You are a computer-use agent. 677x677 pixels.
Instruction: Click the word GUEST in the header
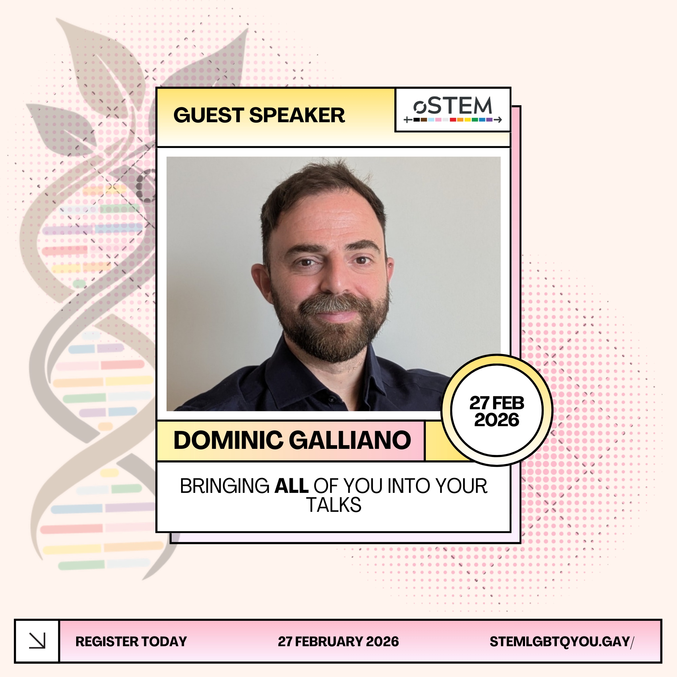[209, 115]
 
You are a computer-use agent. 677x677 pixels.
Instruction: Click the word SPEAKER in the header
[297, 115]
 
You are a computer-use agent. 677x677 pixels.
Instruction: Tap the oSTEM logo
[453, 109]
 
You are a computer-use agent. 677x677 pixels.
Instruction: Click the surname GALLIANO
[350, 440]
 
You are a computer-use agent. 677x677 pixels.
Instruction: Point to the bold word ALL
[291, 486]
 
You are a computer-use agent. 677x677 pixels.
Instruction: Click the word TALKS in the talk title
[334, 505]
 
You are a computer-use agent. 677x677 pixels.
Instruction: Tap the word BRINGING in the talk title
[225, 486]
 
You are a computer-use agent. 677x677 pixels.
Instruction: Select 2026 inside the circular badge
[497, 420]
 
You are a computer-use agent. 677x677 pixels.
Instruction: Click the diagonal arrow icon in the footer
[37, 641]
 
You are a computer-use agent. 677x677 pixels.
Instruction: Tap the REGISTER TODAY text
[131, 641]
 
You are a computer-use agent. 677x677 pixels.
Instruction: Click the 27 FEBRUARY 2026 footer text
[338, 641]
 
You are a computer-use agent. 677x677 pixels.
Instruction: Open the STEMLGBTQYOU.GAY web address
[562, 641]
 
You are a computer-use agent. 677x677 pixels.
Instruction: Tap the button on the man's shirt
[330, 399]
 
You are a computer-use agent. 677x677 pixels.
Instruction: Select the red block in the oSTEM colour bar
[453, 120]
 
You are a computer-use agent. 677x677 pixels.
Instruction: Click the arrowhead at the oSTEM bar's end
[499, 120]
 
